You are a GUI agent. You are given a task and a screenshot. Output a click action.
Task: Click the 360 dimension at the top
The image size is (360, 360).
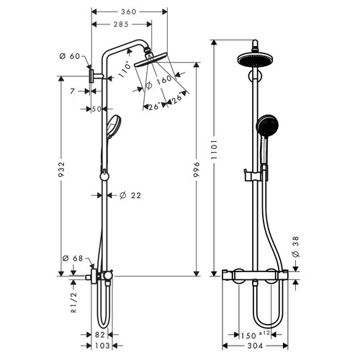coord(130,12)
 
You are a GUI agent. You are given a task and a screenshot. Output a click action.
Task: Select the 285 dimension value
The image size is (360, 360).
coord(121,25)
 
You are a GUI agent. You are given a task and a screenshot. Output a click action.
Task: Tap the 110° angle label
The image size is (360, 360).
coord(127,70)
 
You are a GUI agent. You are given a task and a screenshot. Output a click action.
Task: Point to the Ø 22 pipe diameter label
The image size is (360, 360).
coord(130,195)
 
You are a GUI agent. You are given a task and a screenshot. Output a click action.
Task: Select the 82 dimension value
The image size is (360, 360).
coord(102,334)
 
